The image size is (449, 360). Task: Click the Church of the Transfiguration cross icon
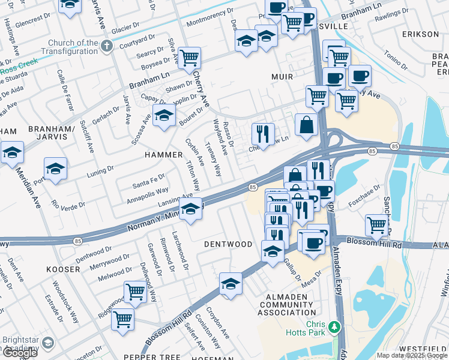pyautogui.click(x=107, y=47)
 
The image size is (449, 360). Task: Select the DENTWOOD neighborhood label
pyautogui.click(x=228, y=244)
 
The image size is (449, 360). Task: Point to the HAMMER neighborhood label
pyautogui.click(x=163, y=155)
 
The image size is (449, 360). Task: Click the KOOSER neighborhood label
pyautogui.click(x=62, y=269)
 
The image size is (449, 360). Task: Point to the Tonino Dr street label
pyautogui.click(x=396, y=60)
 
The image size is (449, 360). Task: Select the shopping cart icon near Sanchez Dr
pyautogui.click(x=376, y=225)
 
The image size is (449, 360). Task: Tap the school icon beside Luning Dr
pyautogui.click(x=55, y=169)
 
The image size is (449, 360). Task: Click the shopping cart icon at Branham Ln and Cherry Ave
pyautogui.click(x=189, y=58)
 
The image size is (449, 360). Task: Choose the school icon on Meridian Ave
pyautogui.click(x=12, y=152)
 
